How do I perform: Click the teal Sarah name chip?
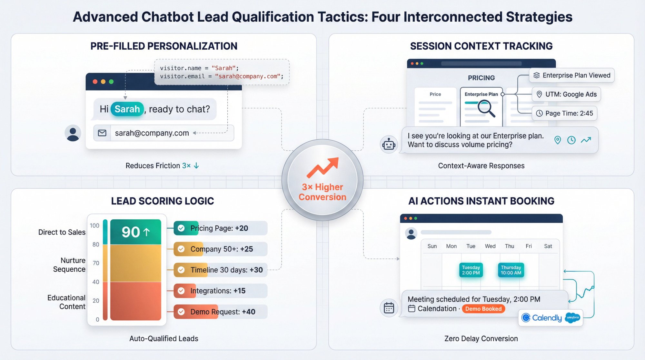coord(127,109)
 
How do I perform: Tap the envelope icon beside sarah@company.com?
coord(102,133)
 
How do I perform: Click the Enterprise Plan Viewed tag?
coord(572,75)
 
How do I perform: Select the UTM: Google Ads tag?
coord(566,94)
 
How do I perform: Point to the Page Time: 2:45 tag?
coord(564,113)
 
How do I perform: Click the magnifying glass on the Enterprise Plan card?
coord(486,108)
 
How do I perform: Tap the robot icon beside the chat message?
coord(389,145)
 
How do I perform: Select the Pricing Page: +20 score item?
coord(220,228)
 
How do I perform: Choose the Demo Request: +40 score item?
coord(220,312)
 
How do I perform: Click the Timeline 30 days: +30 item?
coord(220,270)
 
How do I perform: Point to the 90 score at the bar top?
coord(135,232)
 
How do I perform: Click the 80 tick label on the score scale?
coord(95,245)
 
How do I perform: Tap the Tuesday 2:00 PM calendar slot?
coord(471,270)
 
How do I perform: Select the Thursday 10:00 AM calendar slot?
coord(511,270)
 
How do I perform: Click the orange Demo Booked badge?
coord(483,309)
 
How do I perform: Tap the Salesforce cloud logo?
coord(573,318)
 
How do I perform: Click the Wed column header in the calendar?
coord(490,246)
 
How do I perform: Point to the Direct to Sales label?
coord(62,232)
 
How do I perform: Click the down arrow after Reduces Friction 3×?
coord(196,166)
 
